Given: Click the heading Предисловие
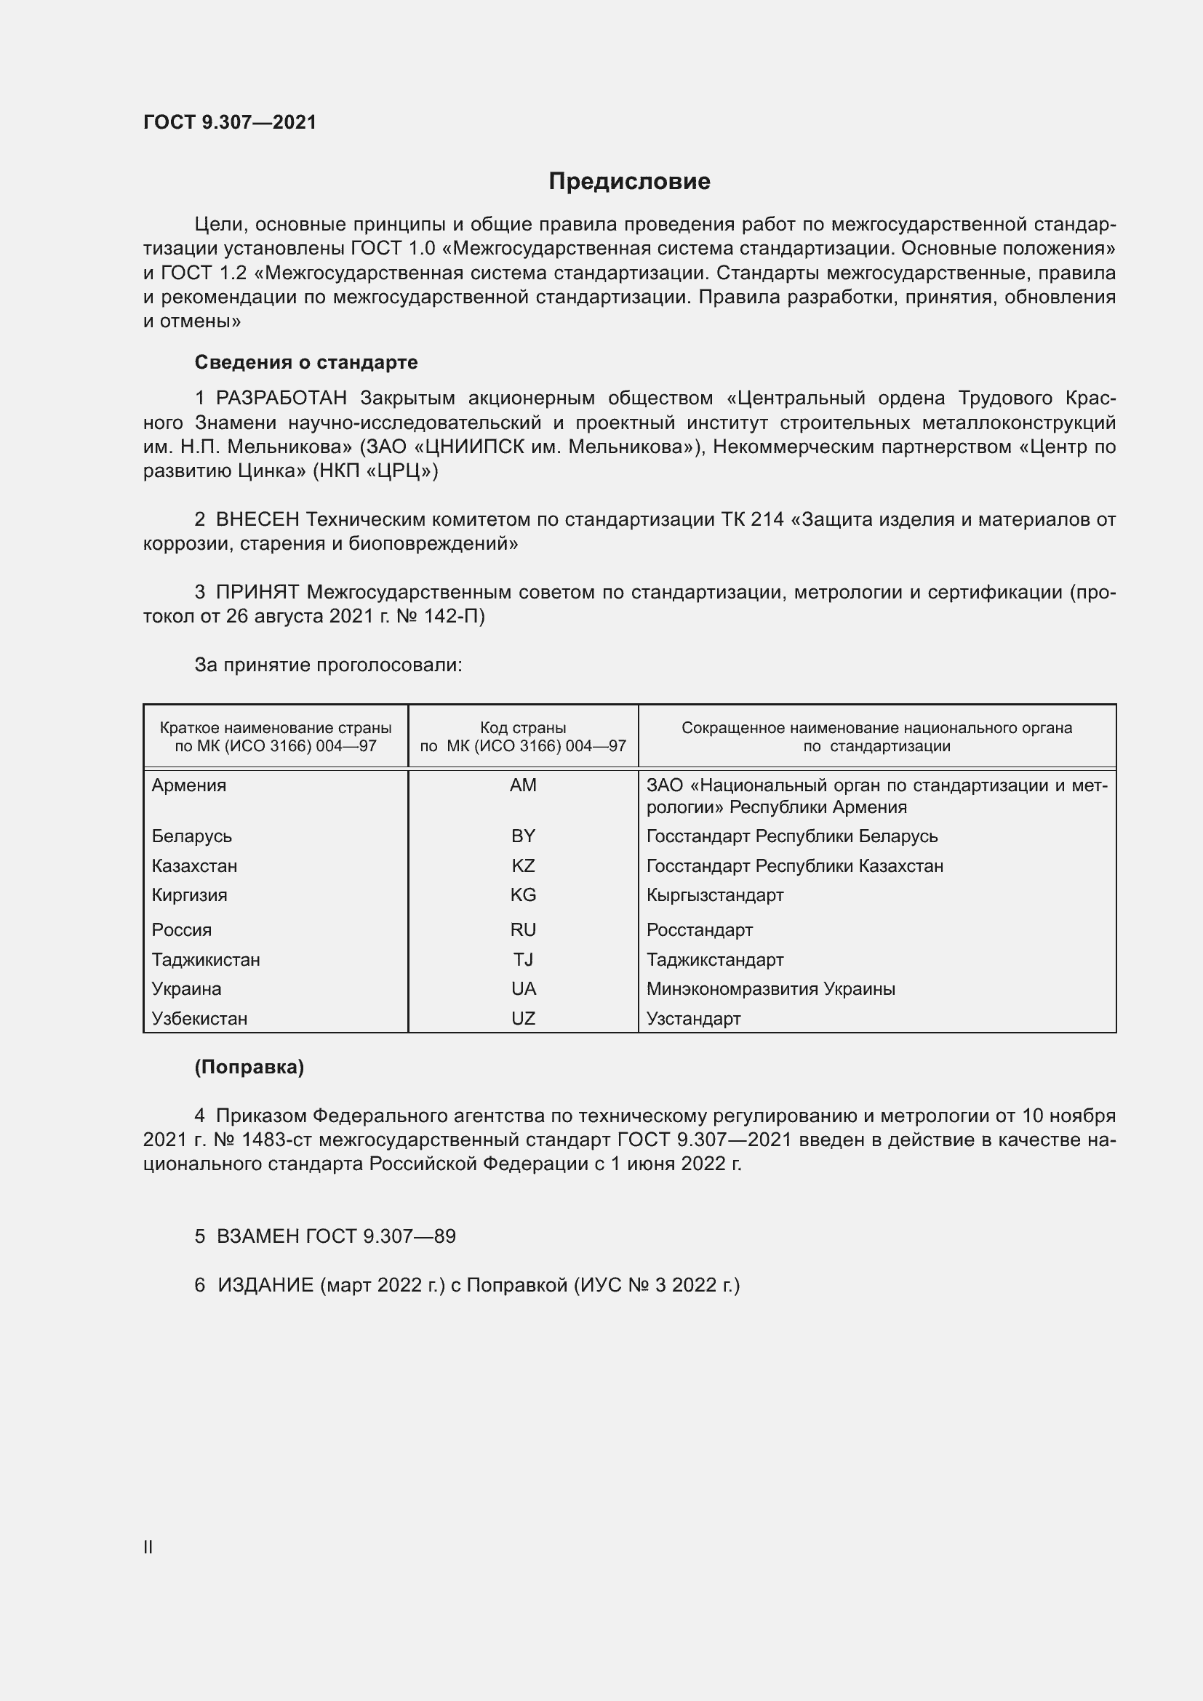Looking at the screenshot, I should [x=629, y=182].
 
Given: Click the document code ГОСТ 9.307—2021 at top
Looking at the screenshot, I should [x=230, y=122].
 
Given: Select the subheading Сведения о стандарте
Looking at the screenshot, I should [x=306, y=362].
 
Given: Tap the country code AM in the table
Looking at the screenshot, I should [x=523, y=785].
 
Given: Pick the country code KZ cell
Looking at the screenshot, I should [x=523, y=866].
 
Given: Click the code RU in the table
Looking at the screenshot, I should [x=523, y=930].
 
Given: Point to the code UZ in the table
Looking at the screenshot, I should [x=523, y=1019].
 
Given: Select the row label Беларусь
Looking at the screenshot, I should [x=192, y=836].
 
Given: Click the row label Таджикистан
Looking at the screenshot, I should [x=206, y=960].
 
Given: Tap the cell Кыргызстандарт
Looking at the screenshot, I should [x=715, y=895].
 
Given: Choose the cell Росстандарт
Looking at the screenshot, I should [x=699, y=930].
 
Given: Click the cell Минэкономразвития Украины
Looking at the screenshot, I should [x=770, y=989].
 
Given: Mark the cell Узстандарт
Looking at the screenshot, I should [x=693, y=1019].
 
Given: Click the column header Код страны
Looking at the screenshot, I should [x=523, y=728].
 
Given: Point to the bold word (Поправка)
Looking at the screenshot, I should [x=249, y=1067].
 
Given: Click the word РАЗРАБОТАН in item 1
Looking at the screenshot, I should [x=281, y=399].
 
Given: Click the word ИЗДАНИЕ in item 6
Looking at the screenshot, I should [x=266, y=1284].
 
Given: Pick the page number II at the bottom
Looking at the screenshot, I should [x=148, y=1547].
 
